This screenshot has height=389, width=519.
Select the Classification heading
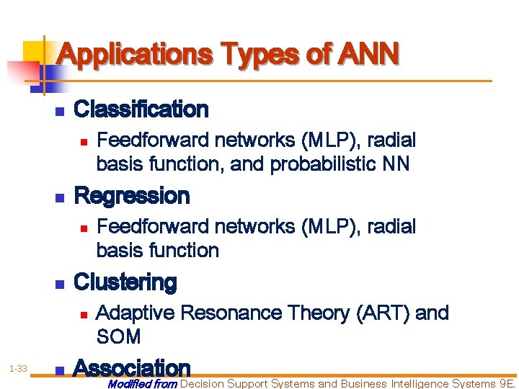[141, 110]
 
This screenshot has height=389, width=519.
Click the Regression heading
[132, 196]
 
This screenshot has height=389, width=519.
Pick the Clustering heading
[125, 282]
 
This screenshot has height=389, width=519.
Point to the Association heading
[132, 368]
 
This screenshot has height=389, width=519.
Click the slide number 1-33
[18, 369]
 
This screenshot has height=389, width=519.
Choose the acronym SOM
[118, 336]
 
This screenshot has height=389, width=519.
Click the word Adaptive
[135, 313]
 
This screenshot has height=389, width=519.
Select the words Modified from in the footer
[141, 384]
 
